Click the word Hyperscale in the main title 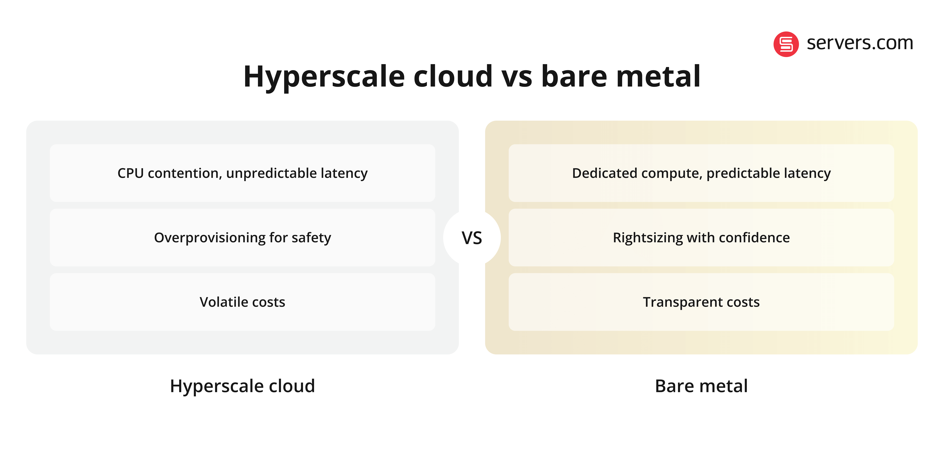(324, 77)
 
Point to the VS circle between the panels (472, 238)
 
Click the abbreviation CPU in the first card (130, 173)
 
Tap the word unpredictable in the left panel (271, 173)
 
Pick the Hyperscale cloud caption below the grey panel (242, 386)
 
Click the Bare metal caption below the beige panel (701, 386)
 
